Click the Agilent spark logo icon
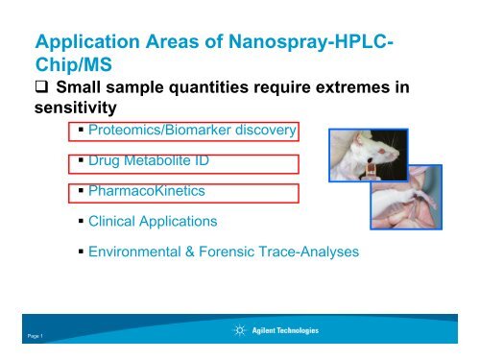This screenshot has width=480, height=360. [238, 331]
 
